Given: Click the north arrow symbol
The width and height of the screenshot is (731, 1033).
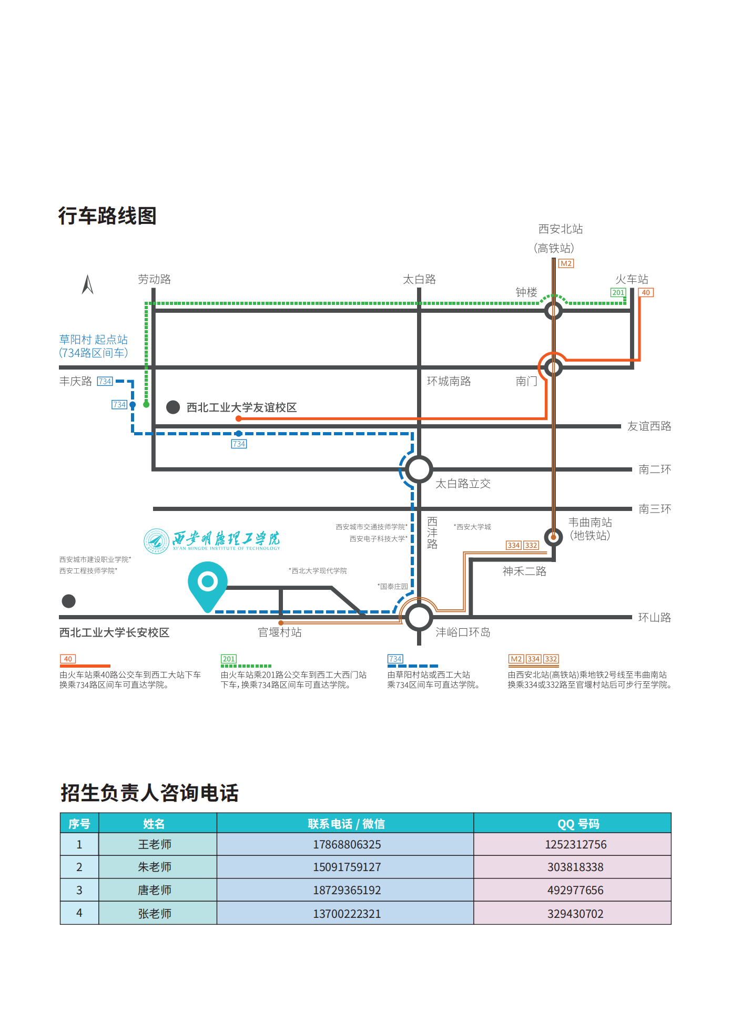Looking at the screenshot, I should (88, 284).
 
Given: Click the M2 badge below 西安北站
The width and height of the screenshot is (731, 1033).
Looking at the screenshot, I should (566, 263).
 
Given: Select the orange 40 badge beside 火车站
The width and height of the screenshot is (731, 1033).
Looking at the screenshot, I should (646, 292).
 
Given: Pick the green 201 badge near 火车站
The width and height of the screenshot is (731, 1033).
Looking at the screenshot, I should (618, 292).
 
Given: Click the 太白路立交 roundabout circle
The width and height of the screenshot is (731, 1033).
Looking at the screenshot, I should (419, 469).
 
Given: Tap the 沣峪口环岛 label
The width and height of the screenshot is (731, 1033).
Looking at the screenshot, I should (463, 632).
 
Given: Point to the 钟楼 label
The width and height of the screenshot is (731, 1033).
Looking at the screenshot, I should (526, 292).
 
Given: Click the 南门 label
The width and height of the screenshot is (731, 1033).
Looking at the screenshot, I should (526, 381).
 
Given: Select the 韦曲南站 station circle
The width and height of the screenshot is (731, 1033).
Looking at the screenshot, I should (553, 537).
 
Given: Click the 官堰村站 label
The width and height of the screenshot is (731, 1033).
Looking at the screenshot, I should (280, 632).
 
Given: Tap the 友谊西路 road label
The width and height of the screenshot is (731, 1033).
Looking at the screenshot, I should (649, 426).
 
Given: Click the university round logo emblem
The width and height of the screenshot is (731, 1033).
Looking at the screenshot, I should (156, 541).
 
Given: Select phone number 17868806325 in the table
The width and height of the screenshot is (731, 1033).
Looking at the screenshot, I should (347, 844).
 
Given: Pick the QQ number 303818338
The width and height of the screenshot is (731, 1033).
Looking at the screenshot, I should (575, 867).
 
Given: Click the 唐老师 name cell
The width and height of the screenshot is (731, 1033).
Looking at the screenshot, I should (155, 890).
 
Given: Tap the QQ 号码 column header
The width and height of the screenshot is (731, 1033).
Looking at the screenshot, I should (578, 824).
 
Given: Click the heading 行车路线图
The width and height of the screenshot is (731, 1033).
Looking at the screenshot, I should (107, 216).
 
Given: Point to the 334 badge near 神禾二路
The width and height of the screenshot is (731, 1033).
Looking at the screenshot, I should (514, 545).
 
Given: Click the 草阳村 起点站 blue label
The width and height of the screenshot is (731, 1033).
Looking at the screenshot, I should (93, 340).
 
